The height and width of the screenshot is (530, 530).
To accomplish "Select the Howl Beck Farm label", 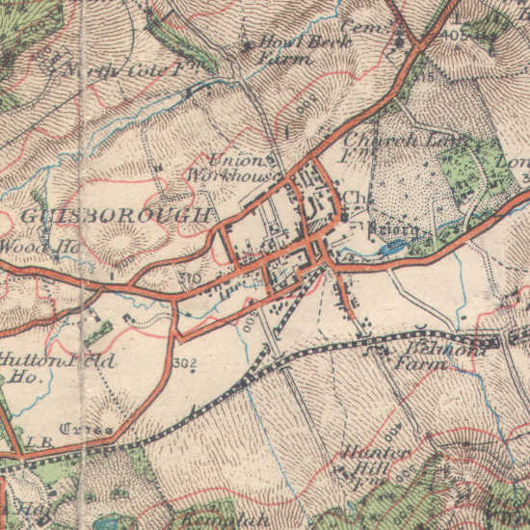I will pos(284,50).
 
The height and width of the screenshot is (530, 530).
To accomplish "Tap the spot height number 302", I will pos(186,364).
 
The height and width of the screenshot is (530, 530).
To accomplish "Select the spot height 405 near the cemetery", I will pos(458,36).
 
